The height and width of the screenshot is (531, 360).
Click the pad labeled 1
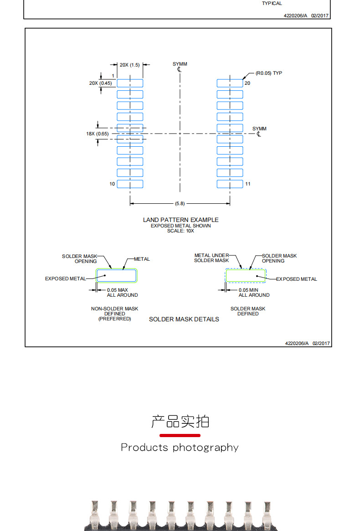coord(130,83)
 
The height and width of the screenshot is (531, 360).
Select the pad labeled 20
coord(230,83)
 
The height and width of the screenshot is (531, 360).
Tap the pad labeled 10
coord(130,184)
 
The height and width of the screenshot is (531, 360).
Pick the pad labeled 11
coord(230,184)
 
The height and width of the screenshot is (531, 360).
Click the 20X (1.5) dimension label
coord(129,65)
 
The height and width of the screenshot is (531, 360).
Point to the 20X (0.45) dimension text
coord(100,83)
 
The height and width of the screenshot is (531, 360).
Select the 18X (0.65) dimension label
coord(98,134)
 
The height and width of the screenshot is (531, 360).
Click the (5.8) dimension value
coord(180,203)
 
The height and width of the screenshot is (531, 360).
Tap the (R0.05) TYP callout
coord(268,73)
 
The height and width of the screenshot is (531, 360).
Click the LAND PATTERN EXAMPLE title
coord(180,220)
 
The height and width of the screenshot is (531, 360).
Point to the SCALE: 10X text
coord(180,231)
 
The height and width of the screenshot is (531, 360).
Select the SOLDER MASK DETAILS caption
coord(184,319)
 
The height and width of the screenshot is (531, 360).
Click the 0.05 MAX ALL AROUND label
coord(122,292)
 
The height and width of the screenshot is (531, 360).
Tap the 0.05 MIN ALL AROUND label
coord(254,292)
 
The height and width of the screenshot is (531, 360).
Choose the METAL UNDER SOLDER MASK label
coord(211,258)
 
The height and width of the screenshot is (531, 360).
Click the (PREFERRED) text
coord(114,319)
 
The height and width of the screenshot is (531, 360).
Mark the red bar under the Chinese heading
coord(180,435)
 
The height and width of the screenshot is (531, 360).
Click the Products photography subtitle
coord(180,447)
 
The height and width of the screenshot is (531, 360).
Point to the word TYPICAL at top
coord(272,4)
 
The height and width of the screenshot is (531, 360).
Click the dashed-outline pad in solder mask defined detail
coord(246,276)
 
